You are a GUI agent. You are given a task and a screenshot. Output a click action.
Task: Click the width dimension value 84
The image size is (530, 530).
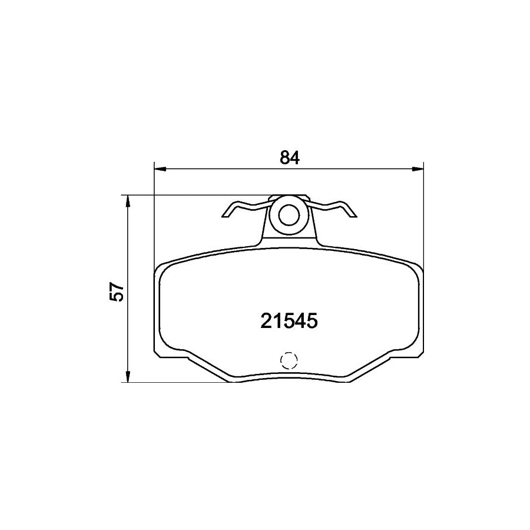coord(290,157)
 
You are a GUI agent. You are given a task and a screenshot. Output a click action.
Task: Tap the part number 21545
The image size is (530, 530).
coord(289,321)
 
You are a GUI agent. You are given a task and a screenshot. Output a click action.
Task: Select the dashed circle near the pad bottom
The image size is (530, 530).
coord(289,360)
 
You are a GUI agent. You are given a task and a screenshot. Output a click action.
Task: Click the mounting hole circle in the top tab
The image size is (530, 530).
coord(289,216)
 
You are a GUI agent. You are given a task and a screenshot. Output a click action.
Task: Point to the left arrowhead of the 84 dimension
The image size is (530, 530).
coord(160,168)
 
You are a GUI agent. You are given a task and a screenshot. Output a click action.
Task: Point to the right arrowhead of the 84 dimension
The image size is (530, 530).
coord(418,168)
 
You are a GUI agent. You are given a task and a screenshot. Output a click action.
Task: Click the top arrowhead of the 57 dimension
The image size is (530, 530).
coord(128,201)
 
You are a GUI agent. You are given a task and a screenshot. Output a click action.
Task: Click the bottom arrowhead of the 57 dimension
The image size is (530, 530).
coord(128,376)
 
